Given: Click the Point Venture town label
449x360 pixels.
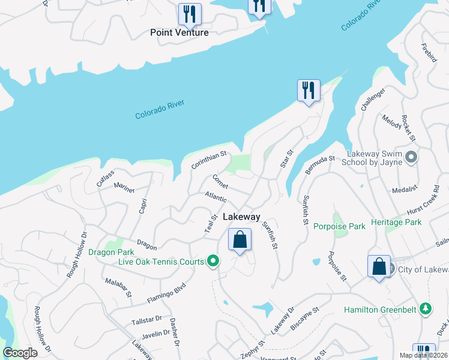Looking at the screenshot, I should pyautogui.click(x=179, y=32).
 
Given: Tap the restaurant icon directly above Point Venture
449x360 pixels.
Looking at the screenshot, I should pyautogui.click(x=190, y=14).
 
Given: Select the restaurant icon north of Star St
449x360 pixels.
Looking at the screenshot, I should pyautogui.click(x=309, y=91).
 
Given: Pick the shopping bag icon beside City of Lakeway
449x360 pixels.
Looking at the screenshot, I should pyautogui.click(x=379, y=266).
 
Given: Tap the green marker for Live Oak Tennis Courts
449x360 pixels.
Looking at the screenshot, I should pyautogui.click(x=212, y=261).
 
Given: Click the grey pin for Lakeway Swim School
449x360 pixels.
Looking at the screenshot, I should pyautogui.click(x=411, y=157).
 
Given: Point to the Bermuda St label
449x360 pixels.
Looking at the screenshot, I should pyautogui.click(x=319, y=165).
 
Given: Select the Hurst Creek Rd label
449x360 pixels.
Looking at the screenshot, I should pyautogui.click(x=423, y=199).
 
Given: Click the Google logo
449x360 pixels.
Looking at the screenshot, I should pyautogui.click(x=20, y=353).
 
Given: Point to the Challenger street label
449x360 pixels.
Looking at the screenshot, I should pyautogui.click(x=372, y=100).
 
